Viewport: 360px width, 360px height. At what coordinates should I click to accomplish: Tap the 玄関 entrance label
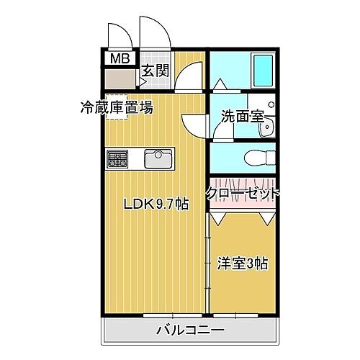(154, 71)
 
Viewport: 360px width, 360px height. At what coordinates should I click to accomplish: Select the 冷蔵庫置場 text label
(116, 109)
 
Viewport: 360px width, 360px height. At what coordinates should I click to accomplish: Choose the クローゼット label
(242, 193)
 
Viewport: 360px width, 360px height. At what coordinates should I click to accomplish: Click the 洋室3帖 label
(243, 263)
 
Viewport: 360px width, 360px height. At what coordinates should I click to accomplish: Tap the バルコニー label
(190, 331)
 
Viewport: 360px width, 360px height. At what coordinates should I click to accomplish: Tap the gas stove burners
(117, 158)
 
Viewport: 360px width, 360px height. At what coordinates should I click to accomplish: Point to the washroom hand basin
(269, 127)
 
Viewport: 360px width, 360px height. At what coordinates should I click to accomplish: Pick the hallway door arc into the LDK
(191, 76)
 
